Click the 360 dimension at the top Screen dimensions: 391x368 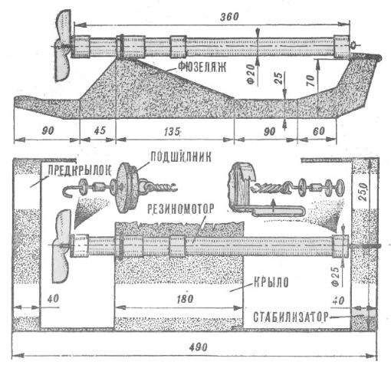coord(229,17)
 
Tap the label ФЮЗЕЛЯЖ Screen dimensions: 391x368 coord(202,67)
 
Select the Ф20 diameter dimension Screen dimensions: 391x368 coord(251,74)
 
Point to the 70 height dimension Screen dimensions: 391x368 coord(310,80)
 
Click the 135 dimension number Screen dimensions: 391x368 coord(172,132)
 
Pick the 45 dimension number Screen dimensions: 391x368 coord(100,130)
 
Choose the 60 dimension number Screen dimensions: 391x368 coord(318,131)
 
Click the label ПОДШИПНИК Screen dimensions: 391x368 coord(181,157)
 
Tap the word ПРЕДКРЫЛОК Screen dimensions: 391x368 coord(80,170)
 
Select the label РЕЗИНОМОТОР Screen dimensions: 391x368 coord(180,209)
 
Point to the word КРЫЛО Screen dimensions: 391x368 coord(271,282)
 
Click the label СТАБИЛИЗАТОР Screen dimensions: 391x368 coord(291,317)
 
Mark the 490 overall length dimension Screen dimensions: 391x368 coord(198,347)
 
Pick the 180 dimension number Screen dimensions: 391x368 coord(185,299)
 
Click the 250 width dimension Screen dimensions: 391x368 coord(364,192)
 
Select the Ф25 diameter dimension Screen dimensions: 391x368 coord(336,276)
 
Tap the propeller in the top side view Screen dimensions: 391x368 coord(62,45)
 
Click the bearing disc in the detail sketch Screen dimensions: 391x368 coord(127,187)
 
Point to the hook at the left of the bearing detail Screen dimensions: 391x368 coord(67,192)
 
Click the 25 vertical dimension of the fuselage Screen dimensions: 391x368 coord(279,78)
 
